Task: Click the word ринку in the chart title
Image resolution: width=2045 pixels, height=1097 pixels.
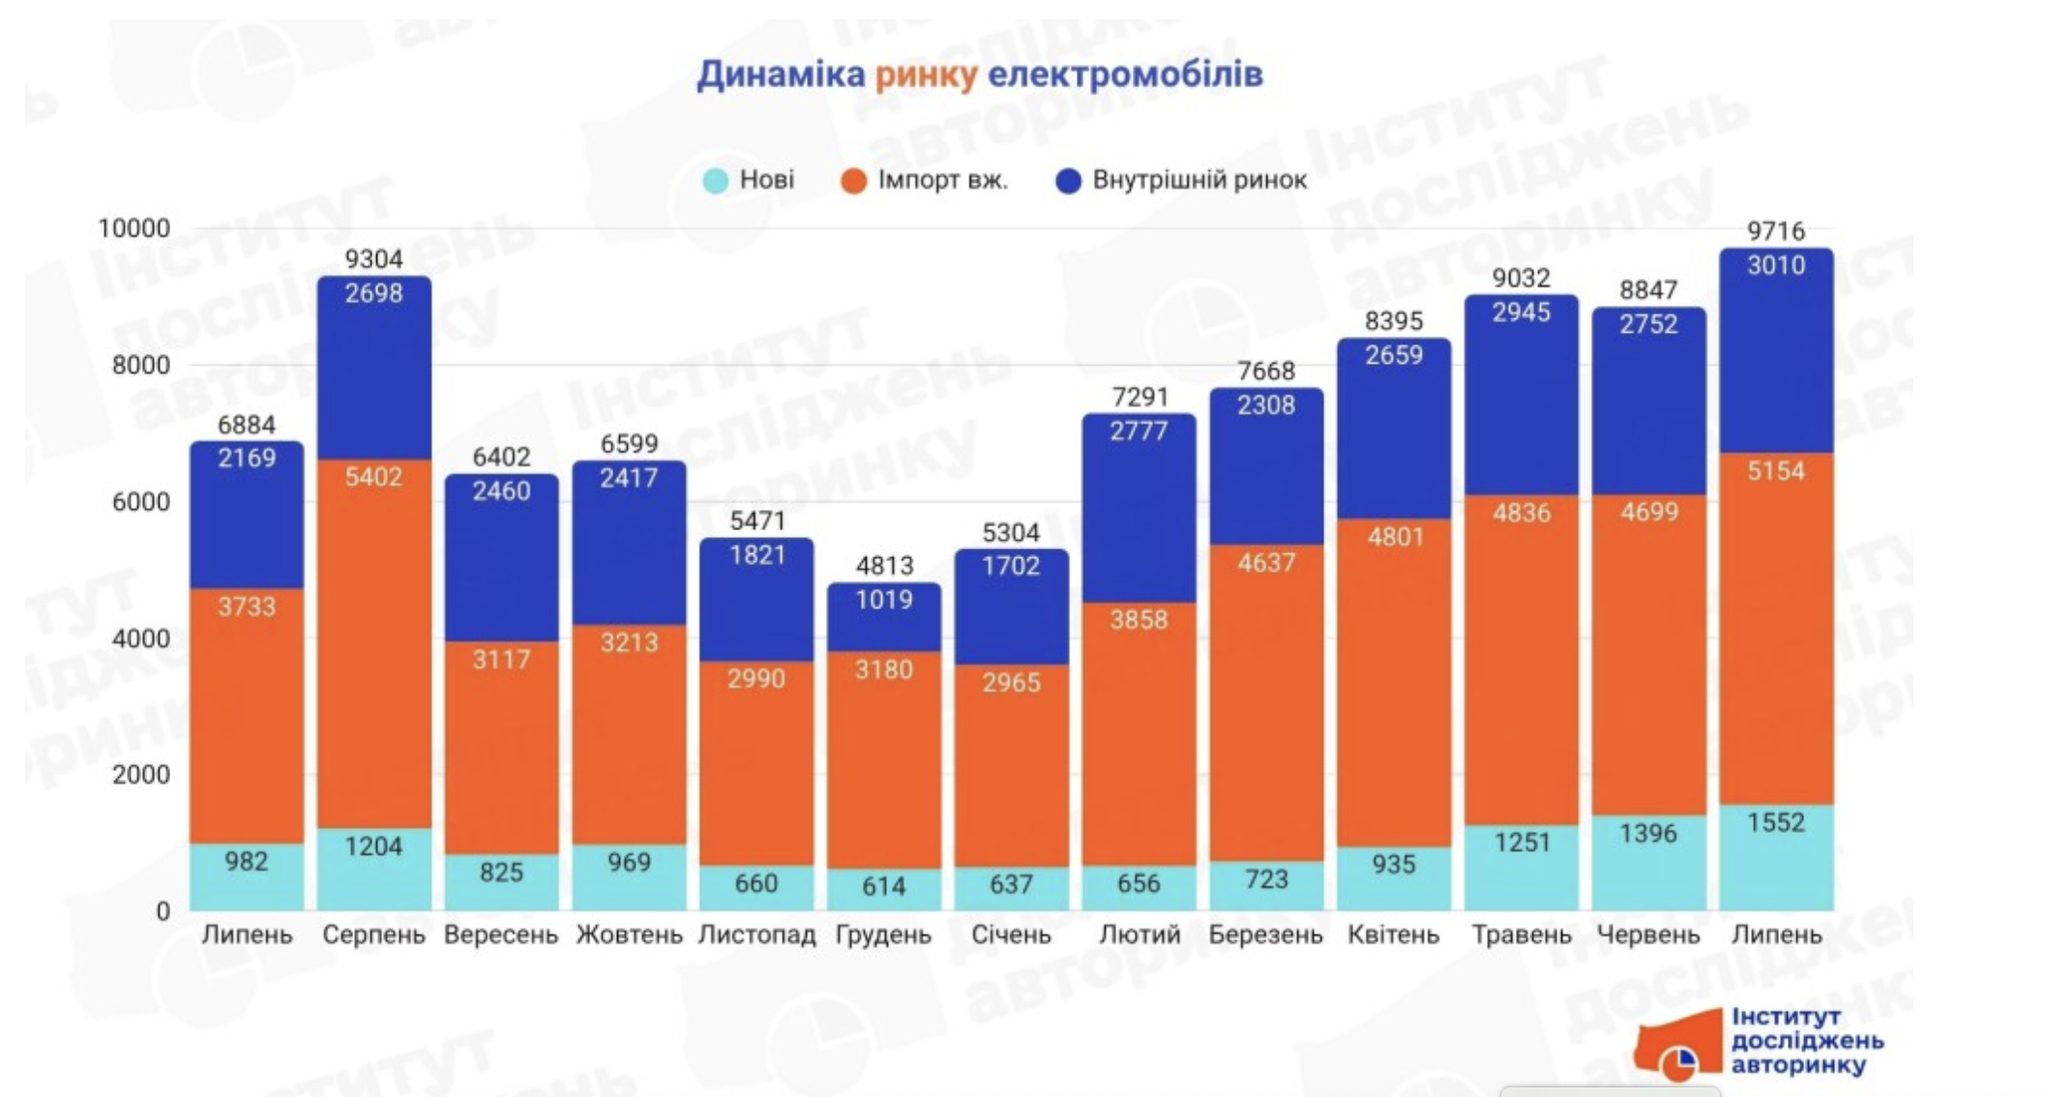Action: pyautogui.click(x=926, y=75)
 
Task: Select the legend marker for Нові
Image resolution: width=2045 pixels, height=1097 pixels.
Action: pyautogui.click(x=715, y=181)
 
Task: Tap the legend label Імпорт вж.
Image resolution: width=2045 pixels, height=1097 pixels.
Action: pyautogui.click(x=942, y=180)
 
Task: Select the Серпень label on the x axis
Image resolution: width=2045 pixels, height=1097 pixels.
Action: pyautogui.click(x=373, y=934)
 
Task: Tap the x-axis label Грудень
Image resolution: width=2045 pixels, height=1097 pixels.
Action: pyautogui.click(x=883, y=934)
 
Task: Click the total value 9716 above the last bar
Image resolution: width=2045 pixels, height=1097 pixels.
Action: pyautogui.click(x=1775, y=231)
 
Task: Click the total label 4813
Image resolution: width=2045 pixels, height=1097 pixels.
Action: pyautogui.click(x=884, y=565)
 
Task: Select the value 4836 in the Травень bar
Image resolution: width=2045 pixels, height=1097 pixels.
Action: pyautogui.click(x=1521, y=513)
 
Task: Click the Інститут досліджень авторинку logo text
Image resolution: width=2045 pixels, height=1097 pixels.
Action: pyautogui.click(x=1806, y=1041)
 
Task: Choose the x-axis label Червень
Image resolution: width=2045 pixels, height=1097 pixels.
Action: pyautogui.click(x=1647, y=934)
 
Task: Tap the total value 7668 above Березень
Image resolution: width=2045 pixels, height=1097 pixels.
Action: pyautogui.click(x=1265, y=371)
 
